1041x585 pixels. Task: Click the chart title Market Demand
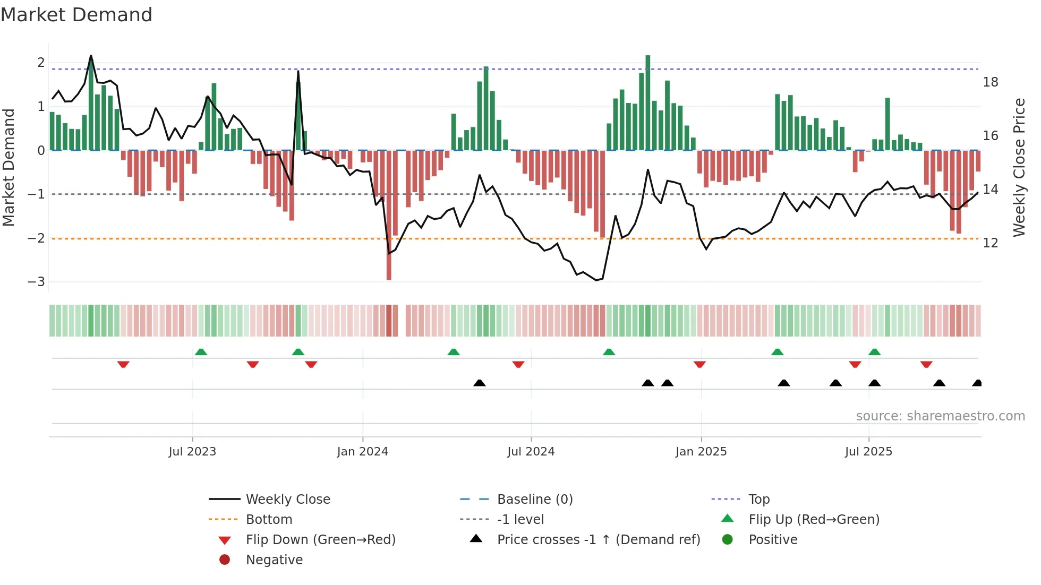pos(76,15)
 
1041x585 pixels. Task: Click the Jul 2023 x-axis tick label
pos(192,452)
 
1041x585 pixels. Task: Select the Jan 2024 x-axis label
pos(363,452)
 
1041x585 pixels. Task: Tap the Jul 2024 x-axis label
pos(531,452)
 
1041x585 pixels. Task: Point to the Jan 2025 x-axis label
pos(701,452)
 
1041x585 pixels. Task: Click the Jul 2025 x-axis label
pos(869,452)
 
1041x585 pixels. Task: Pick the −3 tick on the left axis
pos(37,282)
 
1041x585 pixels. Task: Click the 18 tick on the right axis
pos(991,82)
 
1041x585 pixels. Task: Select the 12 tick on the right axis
pos(991,243)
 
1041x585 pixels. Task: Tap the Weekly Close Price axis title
pos(1019,167)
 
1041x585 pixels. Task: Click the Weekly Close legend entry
pos(288,500)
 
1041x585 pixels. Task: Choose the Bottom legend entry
pos(269,520)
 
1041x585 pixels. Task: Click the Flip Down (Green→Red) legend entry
pos(320,540)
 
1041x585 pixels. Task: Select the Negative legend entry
pos(274,560)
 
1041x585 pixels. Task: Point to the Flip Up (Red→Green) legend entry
pos(814,520)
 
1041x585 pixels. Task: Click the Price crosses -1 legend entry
pos(599,540)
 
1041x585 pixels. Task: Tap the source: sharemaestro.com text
pos(940,416)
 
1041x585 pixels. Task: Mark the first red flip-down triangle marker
pos(123,364)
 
